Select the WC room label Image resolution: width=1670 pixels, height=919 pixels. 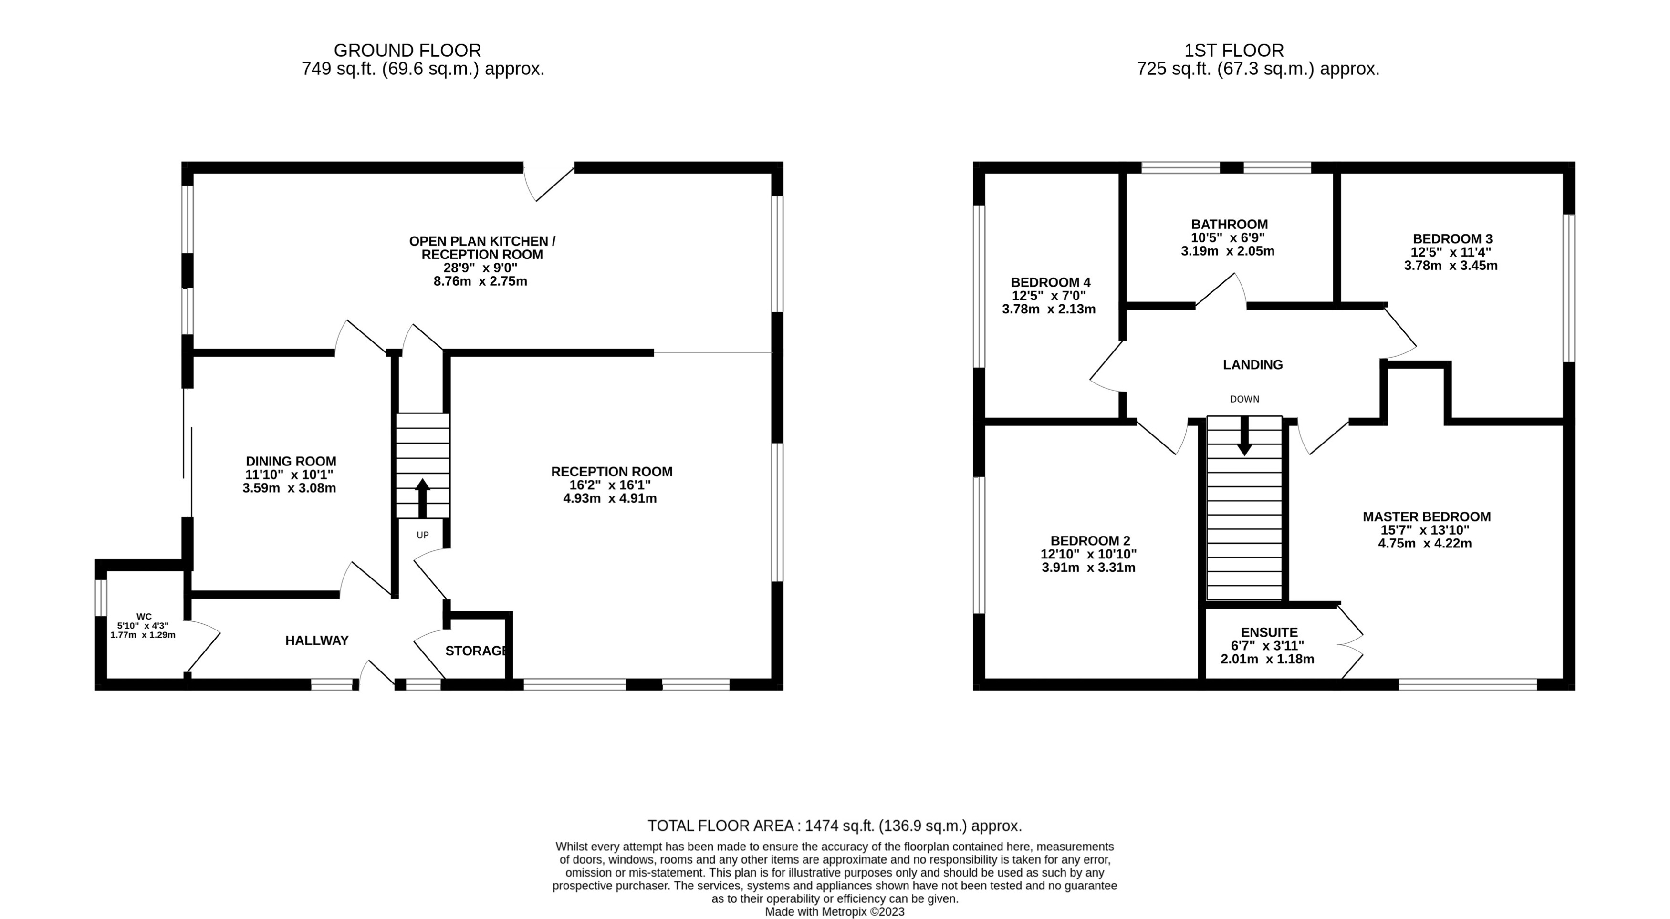click(144, 616)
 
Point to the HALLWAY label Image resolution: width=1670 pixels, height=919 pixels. click(317, 640)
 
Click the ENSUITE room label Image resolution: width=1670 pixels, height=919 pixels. click(1269, 632)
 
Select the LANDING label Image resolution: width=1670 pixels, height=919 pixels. click(1252, 365)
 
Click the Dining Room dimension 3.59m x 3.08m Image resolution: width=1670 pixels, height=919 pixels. click(289, 488)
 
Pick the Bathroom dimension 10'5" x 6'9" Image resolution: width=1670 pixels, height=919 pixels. click(1227, 238)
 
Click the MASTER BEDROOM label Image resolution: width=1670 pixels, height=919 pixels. click(1426, 516)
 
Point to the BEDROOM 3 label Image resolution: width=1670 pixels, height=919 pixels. click(1451, 238)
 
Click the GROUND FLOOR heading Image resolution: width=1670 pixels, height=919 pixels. click(407, 51)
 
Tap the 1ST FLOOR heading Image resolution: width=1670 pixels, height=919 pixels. click(1234, 51)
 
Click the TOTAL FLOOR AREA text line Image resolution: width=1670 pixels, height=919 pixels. click(835, 826)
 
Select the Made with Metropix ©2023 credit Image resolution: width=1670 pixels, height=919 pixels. click(835, 912)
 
